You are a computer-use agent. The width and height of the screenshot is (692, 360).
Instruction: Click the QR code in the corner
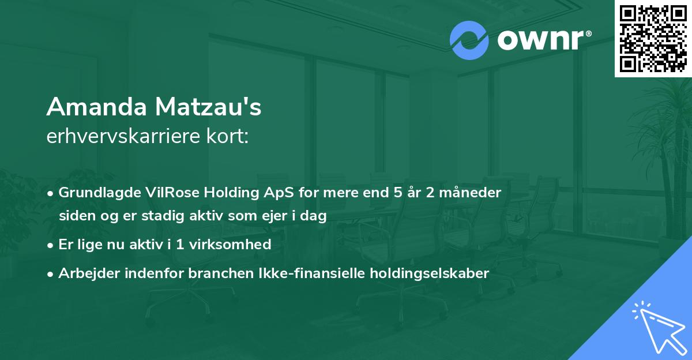653,38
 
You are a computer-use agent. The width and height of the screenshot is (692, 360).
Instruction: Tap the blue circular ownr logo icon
469,40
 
